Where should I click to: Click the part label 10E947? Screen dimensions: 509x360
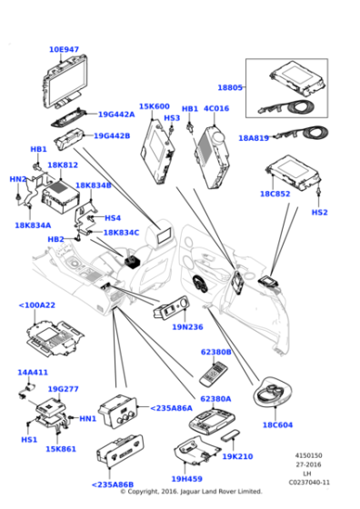pyautogui.click(x=64, y=49)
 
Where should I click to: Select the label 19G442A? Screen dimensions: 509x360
pyautogui.click(x=115, y=115)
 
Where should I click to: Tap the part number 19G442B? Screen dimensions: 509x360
pyautogui.click(x=112, y=135)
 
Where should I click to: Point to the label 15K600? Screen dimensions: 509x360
pyautogui.click(x=154, y=107)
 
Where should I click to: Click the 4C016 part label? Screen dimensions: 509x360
pyautogui.click(x=216, y=109)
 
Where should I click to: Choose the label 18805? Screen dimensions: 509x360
pyautogui.click(x=230, y=87)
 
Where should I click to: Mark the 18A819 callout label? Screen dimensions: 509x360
pyautogui.click(x=255, y=137)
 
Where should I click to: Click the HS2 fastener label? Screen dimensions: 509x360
pyautogui.click(x=319, y=212)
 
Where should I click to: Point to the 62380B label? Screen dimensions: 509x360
pyautogui.click(x=215, y=352)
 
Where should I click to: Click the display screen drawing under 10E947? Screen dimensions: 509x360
pyautogui.click(x=64, y=81)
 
